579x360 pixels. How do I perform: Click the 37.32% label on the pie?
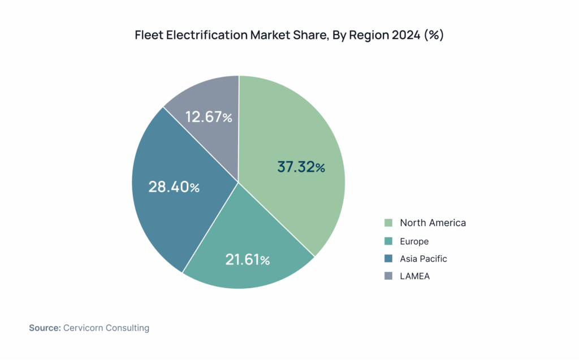301,167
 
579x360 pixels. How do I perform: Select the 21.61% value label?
247,260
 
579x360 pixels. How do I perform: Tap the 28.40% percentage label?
174,187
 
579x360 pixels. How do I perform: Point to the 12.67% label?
209,117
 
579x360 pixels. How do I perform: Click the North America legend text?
433,223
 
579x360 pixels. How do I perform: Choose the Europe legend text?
414,241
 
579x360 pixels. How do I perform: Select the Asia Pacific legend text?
423,259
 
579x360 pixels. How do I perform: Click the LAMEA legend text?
415,276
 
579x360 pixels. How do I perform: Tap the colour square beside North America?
388,223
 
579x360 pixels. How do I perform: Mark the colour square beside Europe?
388,241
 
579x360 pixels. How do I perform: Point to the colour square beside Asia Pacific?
388,259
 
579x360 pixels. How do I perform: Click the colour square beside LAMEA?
388,276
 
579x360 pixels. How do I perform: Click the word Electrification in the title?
202,35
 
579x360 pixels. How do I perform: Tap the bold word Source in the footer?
45,328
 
